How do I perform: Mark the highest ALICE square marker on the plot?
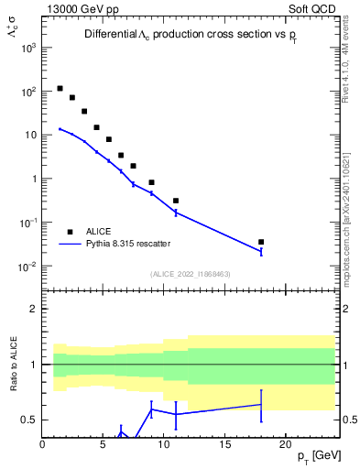60,89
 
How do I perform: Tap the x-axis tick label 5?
103,446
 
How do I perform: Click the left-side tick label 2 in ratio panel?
35,309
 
